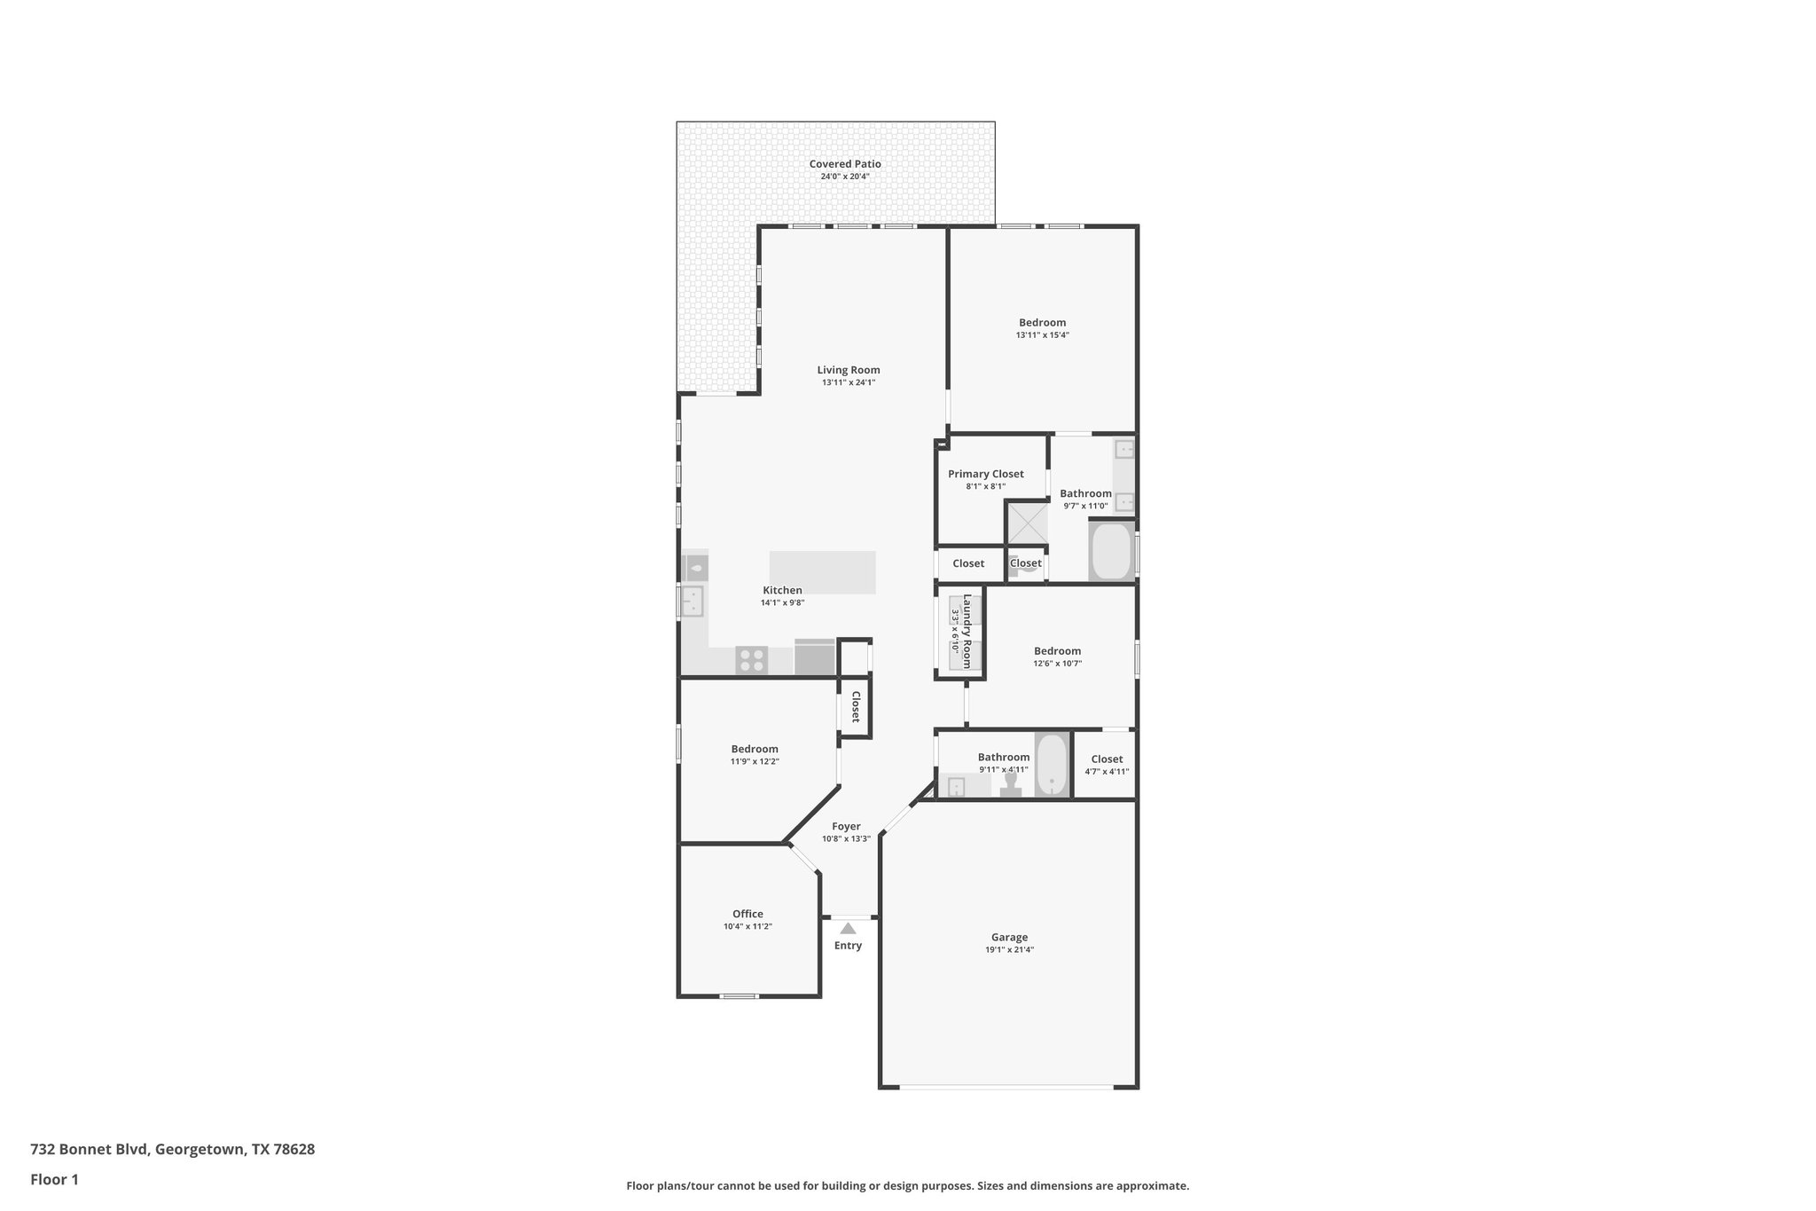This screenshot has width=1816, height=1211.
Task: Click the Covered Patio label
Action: tap(844, 164)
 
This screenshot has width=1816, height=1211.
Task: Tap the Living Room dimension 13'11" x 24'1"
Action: tap(848, 383)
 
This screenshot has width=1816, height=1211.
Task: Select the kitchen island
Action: tap(822, 572)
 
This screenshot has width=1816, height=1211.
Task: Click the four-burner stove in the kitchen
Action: tap(752, 660)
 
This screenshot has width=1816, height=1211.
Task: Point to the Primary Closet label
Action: tap(985, 474)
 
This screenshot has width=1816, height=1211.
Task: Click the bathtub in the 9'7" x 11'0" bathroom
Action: tap(1111, 552)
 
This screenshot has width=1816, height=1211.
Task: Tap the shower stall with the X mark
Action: tap(1027, 523)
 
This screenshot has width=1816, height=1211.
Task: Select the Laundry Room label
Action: tap(967, 631)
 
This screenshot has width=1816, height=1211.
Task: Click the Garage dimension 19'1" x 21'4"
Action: tap(1009, 949)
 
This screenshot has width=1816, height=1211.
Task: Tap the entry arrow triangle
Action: tap(848, 928)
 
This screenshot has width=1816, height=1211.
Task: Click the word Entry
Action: tap(848, 946)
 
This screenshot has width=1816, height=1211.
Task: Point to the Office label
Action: tap(748, 914)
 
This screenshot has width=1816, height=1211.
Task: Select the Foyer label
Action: tap(846, 826)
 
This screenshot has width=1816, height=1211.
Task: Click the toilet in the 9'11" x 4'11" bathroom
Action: tap(1010, 786)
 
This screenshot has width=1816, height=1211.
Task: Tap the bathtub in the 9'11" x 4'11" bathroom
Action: tap(1052, 765)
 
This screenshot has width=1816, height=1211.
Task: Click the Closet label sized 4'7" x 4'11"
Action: tap(1107, 759)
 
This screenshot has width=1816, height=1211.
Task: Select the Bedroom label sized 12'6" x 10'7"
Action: tap(1057, 650)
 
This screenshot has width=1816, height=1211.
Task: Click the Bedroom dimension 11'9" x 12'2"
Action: tap(755, 761)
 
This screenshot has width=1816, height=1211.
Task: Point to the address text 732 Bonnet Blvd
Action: tap(90, 1149)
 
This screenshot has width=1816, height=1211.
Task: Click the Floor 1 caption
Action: tap(54, 1179)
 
